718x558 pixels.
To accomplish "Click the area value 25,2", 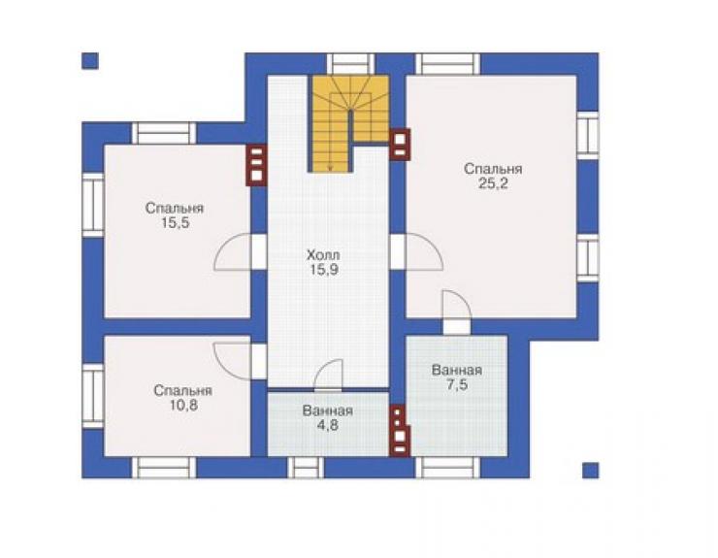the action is (493, 183).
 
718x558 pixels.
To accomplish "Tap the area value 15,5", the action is (175, 223).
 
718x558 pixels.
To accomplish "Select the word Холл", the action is (323, 254).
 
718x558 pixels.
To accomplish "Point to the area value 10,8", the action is (182, 406).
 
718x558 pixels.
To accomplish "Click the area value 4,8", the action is (328, 425).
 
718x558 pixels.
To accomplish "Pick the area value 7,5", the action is (457, 384).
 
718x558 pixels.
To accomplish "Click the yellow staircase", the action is (350, 123).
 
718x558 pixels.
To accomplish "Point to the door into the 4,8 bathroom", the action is (328, 376).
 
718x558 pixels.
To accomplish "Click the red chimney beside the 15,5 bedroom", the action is (256, 165).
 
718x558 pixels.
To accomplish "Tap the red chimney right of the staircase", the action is (400, 145).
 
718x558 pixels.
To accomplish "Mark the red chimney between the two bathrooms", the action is (400, 431).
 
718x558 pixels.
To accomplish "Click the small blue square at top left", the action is (90, 61).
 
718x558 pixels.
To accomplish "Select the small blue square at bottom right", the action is (590, 471).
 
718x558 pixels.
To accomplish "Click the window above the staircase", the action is (350, 64).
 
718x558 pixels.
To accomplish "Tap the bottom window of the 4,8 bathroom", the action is (306, 468).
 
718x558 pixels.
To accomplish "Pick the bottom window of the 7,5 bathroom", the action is (447, 468).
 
